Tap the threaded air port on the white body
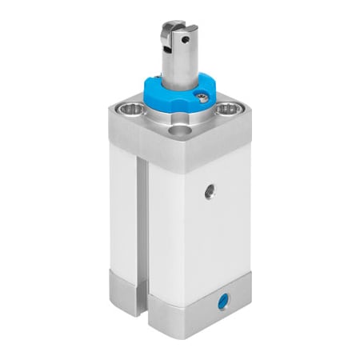click(209, 191)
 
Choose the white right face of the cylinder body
click(200, 232)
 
